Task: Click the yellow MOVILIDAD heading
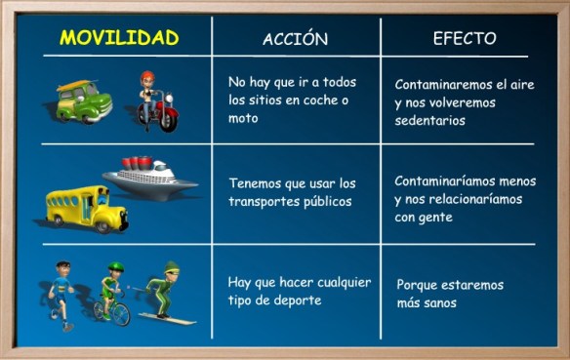coord(119,38)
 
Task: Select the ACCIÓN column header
coord(295,39)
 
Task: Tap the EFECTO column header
coord(464,38)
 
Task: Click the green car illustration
coord(83,100)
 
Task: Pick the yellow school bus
coord(86,207)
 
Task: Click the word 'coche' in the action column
coord(317,100)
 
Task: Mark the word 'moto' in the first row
coord(244,118)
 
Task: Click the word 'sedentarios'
coord(430,121)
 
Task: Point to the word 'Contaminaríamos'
coord(445,181)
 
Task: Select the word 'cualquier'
coord(338,282)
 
